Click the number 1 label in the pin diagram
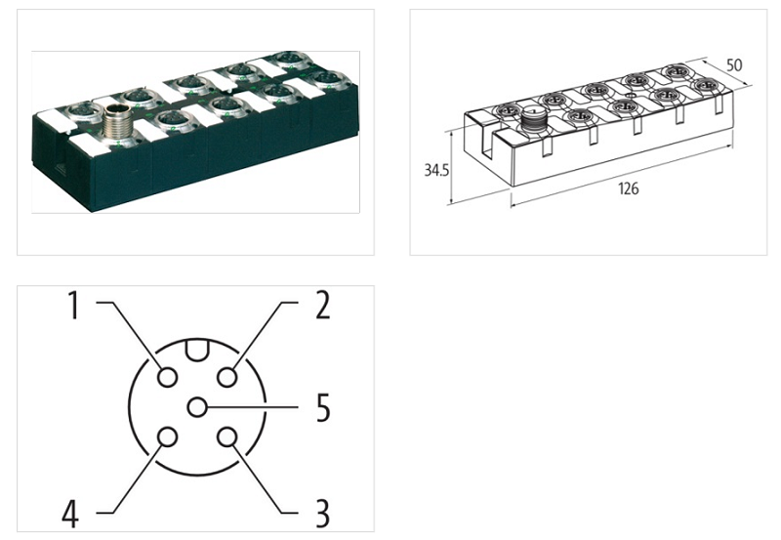coord(71,306)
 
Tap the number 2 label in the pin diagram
coord(322,306)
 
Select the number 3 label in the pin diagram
coord(321,512)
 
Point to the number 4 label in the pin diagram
coord(70,512)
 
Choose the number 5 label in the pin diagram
coord(322,409)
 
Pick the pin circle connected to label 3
coord(227,437)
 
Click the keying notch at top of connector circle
coord(197,348)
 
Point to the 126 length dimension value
coord(628,188)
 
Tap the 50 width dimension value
coord(733,65)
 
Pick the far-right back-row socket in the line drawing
coord(673,73)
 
